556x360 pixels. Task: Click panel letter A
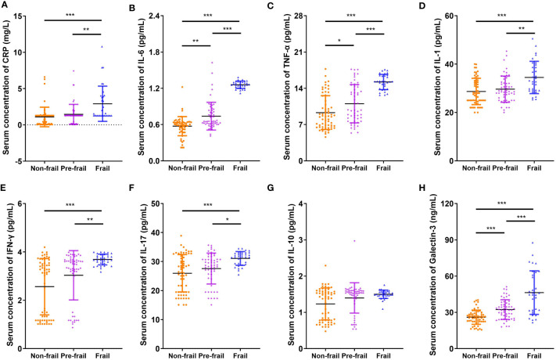[5, 6]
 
